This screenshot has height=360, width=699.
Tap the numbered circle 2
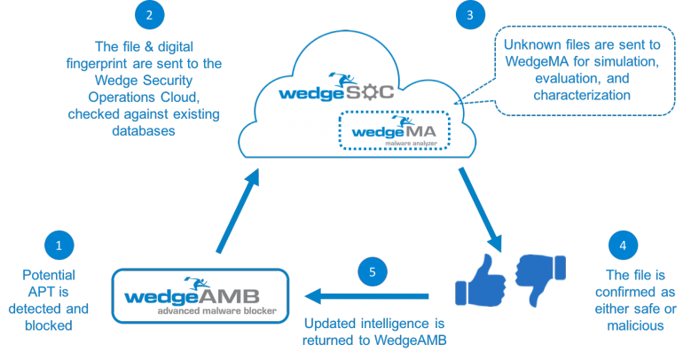point(149,14)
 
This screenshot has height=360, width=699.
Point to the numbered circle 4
point(623,244)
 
